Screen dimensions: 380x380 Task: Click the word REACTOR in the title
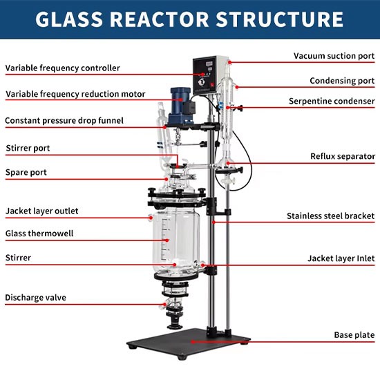tap(159, 19)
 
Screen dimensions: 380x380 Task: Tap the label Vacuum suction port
tap(334, 56)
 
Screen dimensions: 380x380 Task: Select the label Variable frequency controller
tap(62, 68)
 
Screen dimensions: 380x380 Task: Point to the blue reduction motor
tap(182, 106)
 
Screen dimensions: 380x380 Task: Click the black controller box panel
tap(205, 75)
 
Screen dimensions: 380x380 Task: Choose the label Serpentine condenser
tap(332, 101)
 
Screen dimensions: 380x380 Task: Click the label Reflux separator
tap(343, 156)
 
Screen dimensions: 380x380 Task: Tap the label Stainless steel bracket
tap(330, 216)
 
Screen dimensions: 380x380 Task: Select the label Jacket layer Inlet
tap(341, 258)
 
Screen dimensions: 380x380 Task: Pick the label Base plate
tap(354, 335)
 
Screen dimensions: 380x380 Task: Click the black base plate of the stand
tap(189, 343)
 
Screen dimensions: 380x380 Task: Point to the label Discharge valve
tap(35, 298)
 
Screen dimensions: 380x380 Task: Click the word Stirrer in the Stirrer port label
tap(18, 148)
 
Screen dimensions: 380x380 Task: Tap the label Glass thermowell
tap(39, 234)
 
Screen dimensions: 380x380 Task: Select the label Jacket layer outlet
tap(41, 211)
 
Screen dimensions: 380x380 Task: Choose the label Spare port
tap(26, 173)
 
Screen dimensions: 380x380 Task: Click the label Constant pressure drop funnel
tap(64, 121)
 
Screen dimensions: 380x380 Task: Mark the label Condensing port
tap(342, 81)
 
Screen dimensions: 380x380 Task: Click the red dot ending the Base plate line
tap(193, 342)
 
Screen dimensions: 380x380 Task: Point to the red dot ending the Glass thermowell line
tap(167, 240)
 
